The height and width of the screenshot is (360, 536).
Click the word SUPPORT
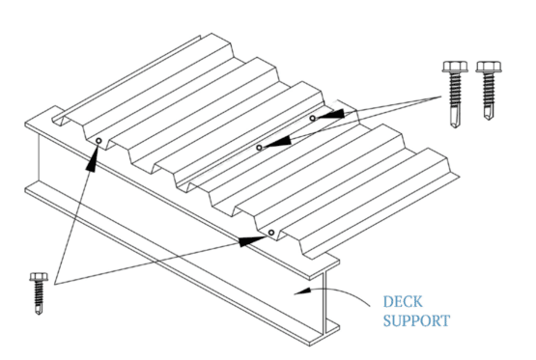(x=414, y=318)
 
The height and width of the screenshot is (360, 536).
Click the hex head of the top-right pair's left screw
(x=452, y=69)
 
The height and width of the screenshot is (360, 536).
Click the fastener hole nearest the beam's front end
(x=272, y=232)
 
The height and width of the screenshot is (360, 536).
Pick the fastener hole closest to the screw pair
(x=313, y=118)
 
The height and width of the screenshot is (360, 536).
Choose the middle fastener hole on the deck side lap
(x=259, y=148)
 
